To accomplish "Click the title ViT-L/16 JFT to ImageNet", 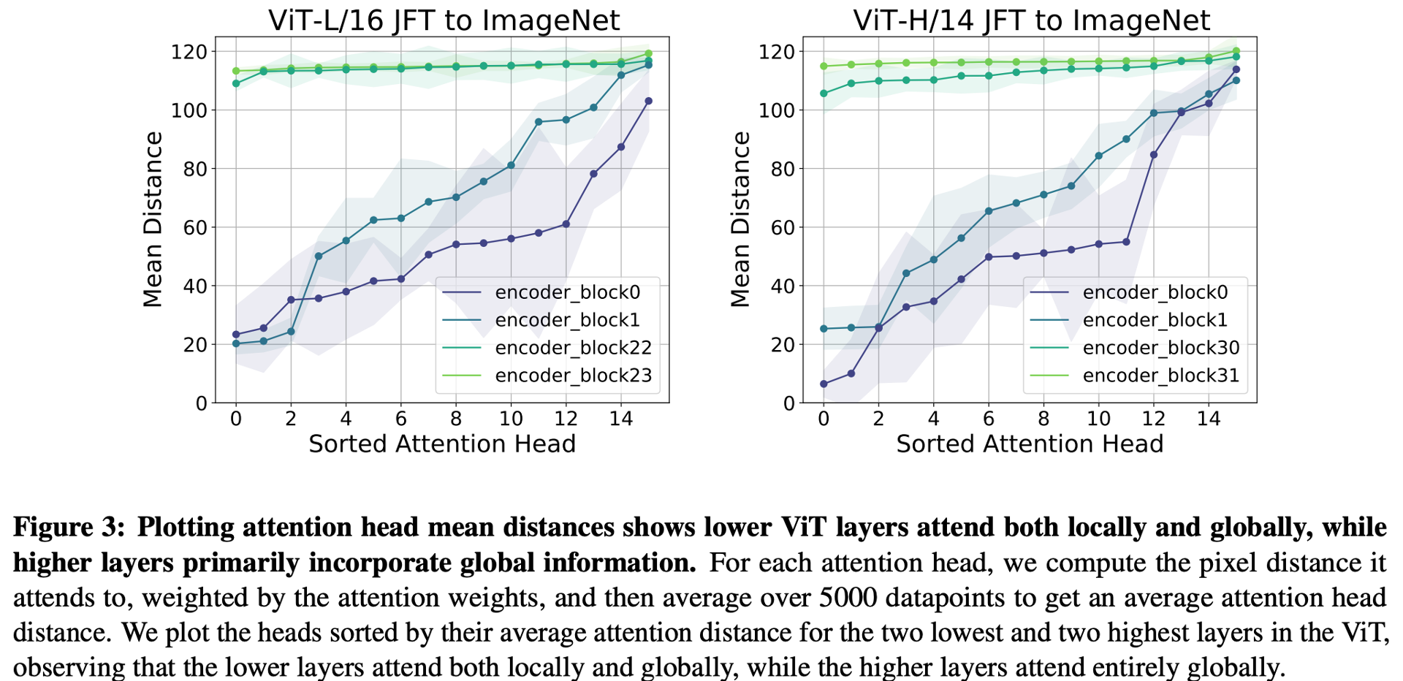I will tap(444, 20).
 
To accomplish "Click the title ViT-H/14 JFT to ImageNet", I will tap(1031, 20).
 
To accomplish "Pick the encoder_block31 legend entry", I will tap(1160, 376).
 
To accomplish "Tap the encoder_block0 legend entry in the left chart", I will tap(567, 293).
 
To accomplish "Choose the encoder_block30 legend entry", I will tap(1160, 348).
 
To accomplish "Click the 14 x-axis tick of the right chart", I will tap(1209, 418).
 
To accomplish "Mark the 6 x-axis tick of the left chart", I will tap(400, 418).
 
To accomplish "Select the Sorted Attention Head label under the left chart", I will tap(442, 444).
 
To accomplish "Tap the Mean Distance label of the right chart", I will tap(741, 219).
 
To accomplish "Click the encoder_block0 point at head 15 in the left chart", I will tap(648, 101).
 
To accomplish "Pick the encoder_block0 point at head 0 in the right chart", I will tap(824, 384).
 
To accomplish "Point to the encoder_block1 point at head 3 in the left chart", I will tap(318, 256).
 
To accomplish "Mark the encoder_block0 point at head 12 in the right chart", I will tap(1154, 155).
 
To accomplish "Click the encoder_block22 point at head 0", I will tap(236, 83).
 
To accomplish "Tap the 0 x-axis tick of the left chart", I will tap(236, 418).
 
